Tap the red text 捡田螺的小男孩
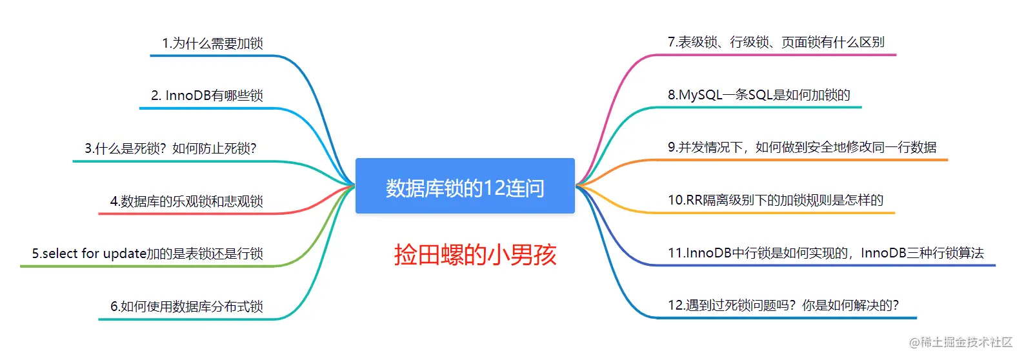(x=475, y=255)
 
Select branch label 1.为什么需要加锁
(x=212, y=43)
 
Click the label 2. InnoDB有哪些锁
(x=206, y=95)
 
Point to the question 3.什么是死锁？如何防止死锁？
(x=170, y=148)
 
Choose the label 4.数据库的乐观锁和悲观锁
(x=186, y=201)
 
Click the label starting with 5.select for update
(x=147, y=254)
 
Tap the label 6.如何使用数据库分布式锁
(x=186, y=306)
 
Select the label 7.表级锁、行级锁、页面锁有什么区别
(x=776, y=43)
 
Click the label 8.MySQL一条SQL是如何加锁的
(x=759, y=95)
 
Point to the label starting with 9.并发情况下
(x=802, y=148)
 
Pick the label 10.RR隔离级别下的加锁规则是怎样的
(x=775, y=201)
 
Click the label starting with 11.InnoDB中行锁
(x=825, y=253)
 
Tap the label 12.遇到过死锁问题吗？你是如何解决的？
(x=783, y=305)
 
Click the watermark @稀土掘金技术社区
(x=960, y=342)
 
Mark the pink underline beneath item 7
(x=774, y=55)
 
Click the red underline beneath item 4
(x=187, y=214)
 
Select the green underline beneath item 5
(x=148, y=266)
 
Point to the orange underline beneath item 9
(x=800, y=159)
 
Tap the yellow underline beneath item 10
(x=774, y=212)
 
